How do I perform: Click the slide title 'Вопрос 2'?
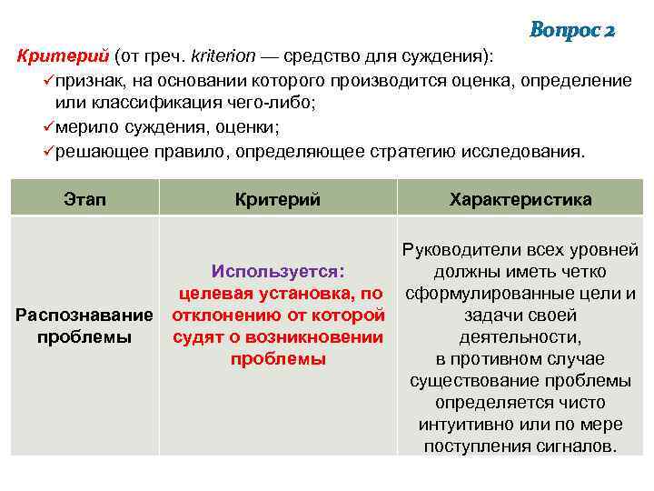pyautogui.click(x=572, y=30)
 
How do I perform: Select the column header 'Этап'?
pyautogui.click(x=85, y=199)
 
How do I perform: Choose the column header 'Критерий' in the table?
pyautogui.click(x=277, y=199)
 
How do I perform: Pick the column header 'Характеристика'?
pyautogui.click(x=520, y=199)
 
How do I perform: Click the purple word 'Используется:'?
pyautogui.click(x=278, y=271)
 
